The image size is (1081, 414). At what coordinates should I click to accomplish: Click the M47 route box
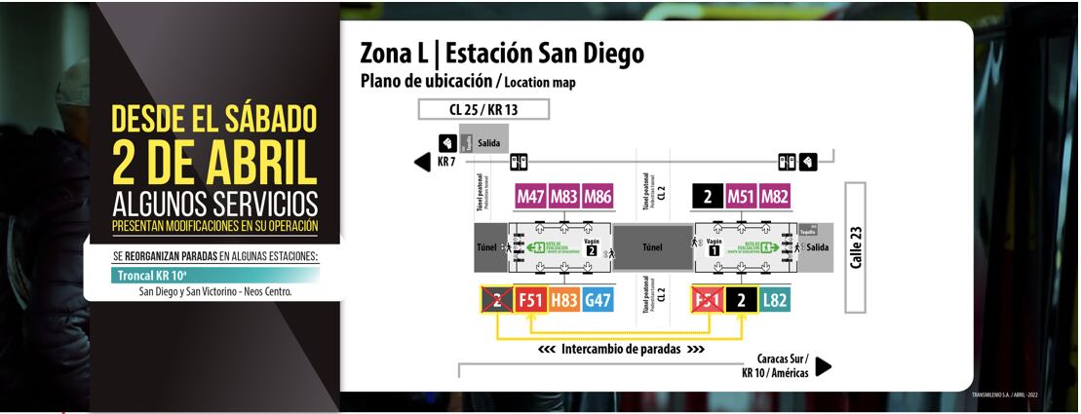click(x=531, y=197)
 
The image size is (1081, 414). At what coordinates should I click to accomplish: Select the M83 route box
click(x=564, y=197)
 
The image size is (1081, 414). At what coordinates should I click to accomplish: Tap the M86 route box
click(x=598, y=197)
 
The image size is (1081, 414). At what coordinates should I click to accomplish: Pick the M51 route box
click(x=742, y=197)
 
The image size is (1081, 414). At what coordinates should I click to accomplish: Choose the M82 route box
click(x=775, y=197)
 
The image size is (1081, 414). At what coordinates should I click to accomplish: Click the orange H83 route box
click(x=564, y=301)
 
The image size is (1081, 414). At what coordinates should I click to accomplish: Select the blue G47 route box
click(x=598, y=301)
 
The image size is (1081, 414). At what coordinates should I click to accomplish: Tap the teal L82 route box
click(x=775, y=301)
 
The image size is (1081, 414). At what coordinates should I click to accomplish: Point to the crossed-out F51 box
click(x=708, y=301)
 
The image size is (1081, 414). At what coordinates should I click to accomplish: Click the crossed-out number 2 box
click(x=498, y=301)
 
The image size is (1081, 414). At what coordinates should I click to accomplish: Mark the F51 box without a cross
click(x=531, y=301)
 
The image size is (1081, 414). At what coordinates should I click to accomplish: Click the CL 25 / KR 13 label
click(x=483, y=109)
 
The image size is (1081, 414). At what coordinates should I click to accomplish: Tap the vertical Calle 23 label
click(x=856, y=247)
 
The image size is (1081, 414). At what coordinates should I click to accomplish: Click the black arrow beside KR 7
click(x=423, y=162)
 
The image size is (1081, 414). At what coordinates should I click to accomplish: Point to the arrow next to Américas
click(x=824, y=366)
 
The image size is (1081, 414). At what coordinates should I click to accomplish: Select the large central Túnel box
click(x=652, y=247)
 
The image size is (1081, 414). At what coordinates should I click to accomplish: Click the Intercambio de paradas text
click(x=621, y=349)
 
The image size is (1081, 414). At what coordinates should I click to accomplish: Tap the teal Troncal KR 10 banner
click(x=209, y=276)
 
